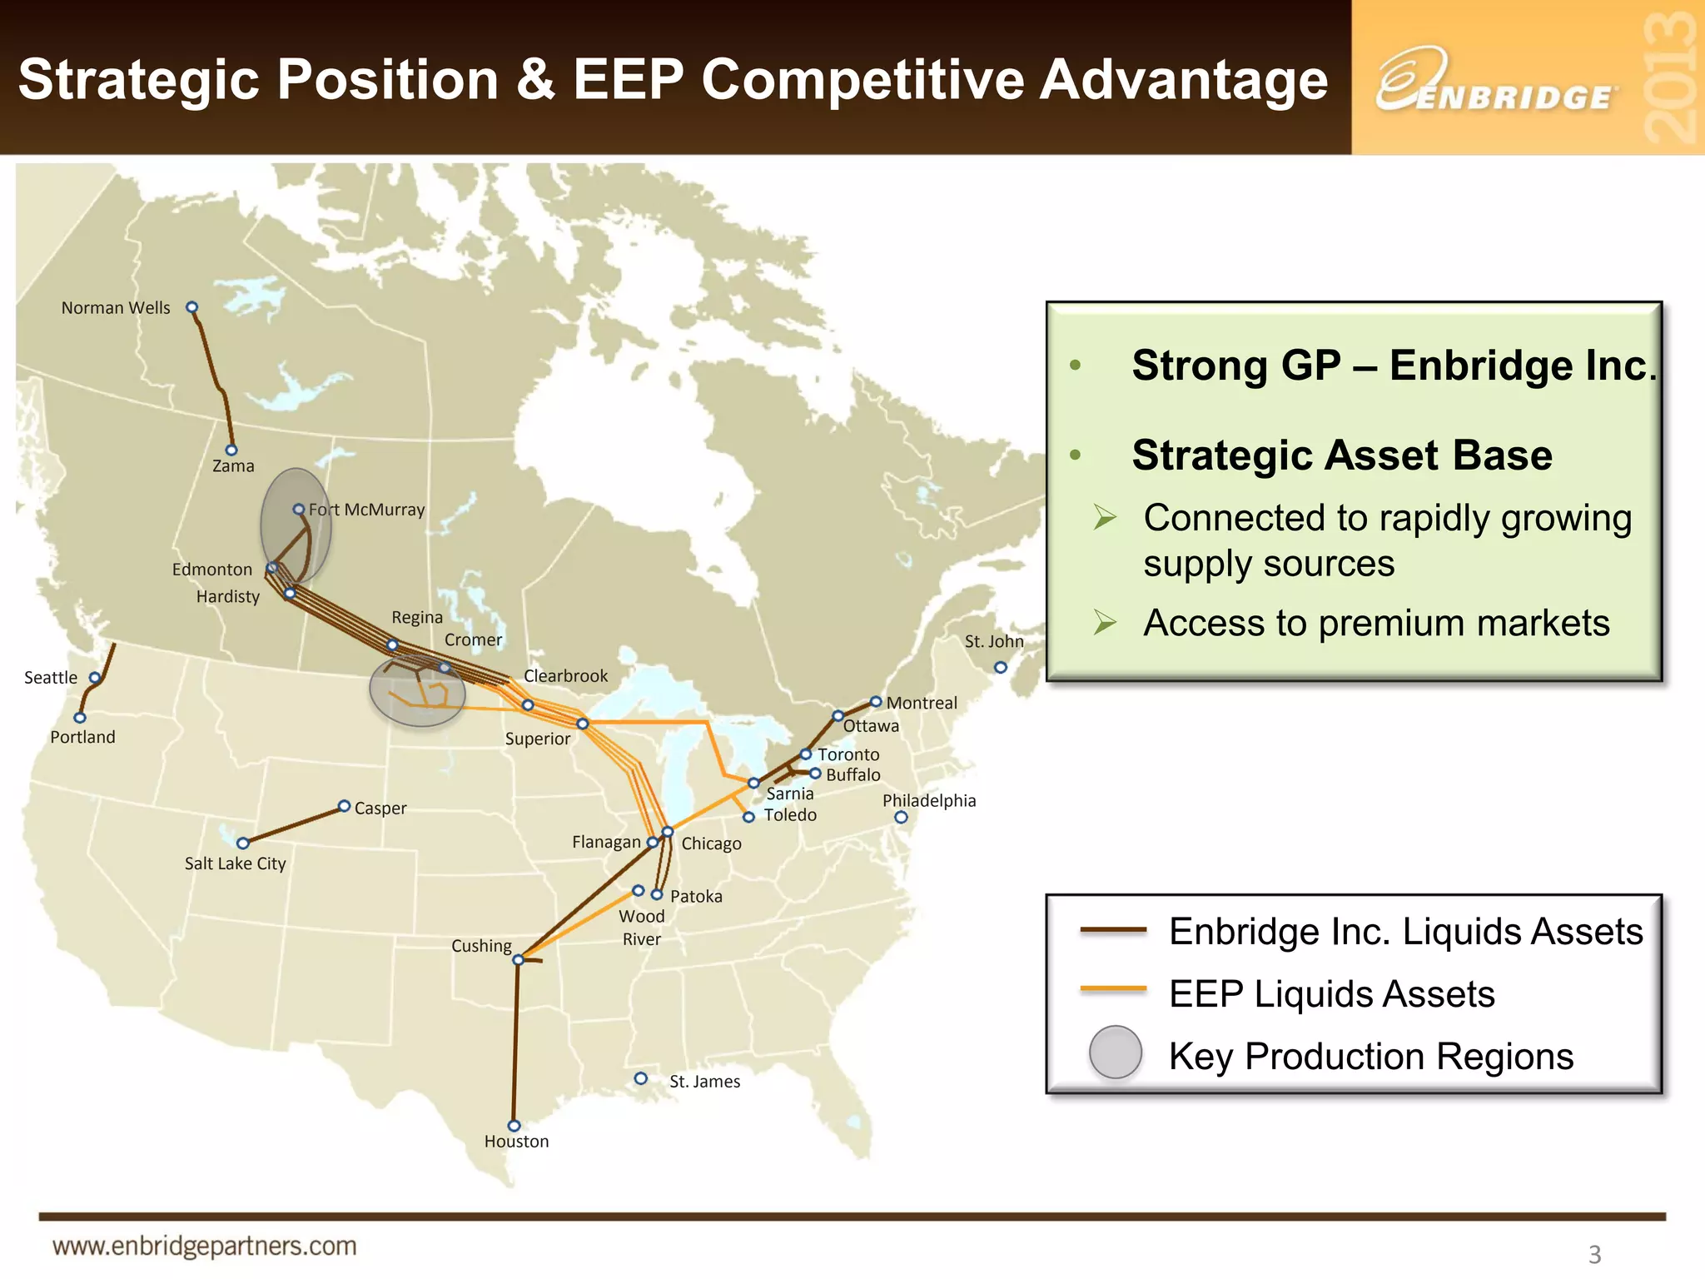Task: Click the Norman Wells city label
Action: (x=116, y=308)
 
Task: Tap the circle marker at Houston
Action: (x=514, y=1126)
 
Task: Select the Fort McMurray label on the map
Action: (x=366, y=510)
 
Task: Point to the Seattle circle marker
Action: (x=95, y=678)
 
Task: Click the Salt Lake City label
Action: (x=235, y=863)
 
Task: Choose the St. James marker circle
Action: (x=640, y=1078)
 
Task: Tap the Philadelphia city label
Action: (x=929, y=801)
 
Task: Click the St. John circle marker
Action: (x=1001, y=667)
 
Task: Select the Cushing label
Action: (x=481, y=946)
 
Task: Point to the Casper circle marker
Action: (x=344, y=806)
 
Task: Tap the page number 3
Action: (x=1594, y=1254)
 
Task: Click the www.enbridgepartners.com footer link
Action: (x=205, y=1247)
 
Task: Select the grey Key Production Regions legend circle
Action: (x=1116, y=1053)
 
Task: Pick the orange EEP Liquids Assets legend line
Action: (x=1113, y=989)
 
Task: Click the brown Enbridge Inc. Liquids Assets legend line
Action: (x=1113, y=930)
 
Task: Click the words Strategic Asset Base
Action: (x=1341, y=455)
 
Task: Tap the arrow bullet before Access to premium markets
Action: (x=1105, y=622)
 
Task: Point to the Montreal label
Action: (x=922, y=703)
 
